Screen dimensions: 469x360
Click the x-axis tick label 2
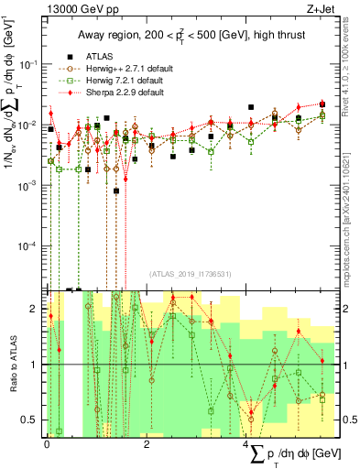(147, 442)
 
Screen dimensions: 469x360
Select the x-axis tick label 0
(47, 442)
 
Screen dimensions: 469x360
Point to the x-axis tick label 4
(246, 442)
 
